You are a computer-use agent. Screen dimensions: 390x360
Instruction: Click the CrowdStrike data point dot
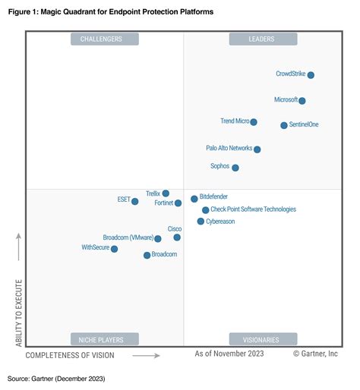pos(311,75)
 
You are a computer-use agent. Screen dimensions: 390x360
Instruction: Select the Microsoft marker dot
pos(302,101)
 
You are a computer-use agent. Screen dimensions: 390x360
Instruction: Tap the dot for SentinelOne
pos(284,125)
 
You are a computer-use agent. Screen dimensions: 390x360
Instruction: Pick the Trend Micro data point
pos(254,122)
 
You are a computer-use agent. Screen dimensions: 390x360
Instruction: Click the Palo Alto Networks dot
pos(257,149)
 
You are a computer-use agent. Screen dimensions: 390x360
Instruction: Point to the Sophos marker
pos(235,168)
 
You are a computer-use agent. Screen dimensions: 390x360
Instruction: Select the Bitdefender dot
pos(194,199)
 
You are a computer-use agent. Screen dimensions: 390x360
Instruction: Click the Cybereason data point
pos(201,222)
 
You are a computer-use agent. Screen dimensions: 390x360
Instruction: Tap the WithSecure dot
pos(115,249)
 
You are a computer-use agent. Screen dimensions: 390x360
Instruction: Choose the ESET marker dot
pos(135,201)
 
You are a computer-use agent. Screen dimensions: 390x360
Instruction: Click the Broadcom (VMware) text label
pos(128,238)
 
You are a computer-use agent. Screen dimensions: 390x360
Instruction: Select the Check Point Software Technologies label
pos(253,209)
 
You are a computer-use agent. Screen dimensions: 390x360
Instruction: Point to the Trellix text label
pos(153,194)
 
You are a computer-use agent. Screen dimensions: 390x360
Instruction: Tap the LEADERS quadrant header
pos(263,39)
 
